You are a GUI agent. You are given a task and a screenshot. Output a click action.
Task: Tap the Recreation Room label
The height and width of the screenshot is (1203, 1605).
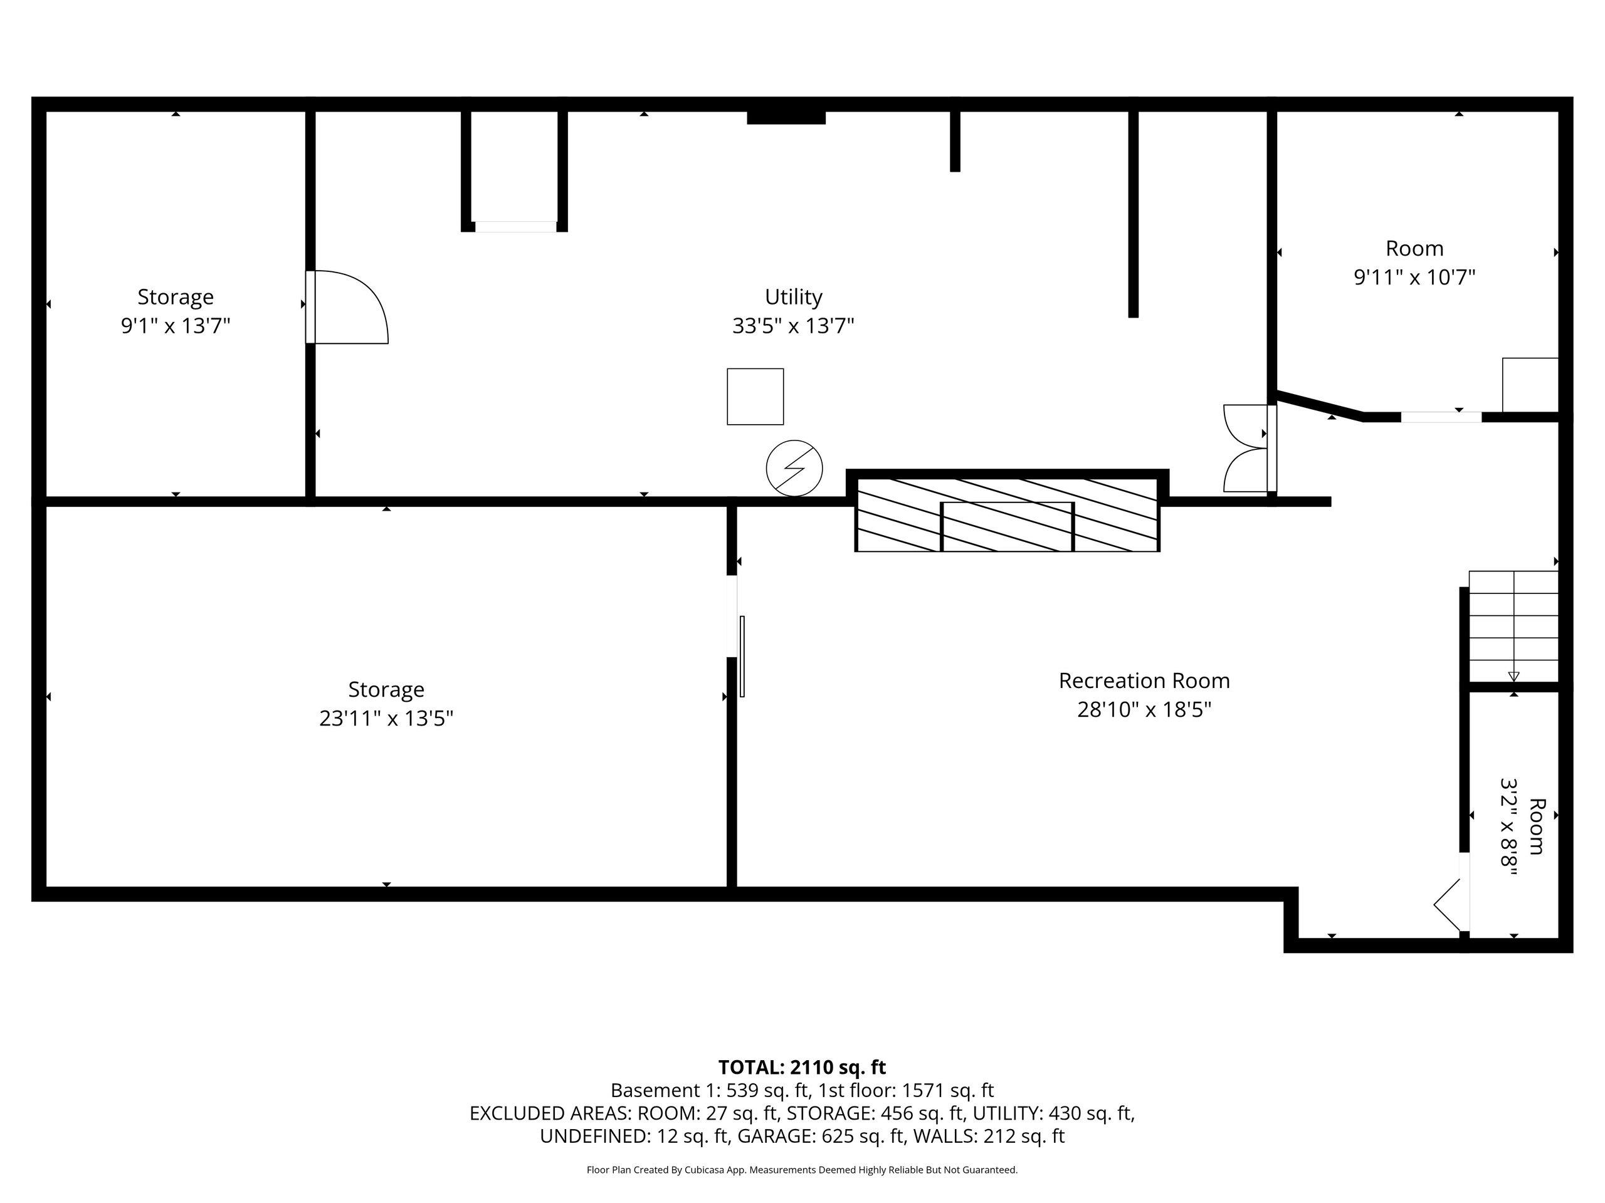tap(1144, 680)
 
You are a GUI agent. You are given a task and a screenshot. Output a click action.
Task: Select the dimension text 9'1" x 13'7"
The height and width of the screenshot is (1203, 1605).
tap(175, 326)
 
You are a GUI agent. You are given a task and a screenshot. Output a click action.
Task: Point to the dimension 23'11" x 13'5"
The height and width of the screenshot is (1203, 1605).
tap(386, 718)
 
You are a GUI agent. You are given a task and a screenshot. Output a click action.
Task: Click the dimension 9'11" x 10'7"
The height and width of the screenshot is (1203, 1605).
tap(1414, 277)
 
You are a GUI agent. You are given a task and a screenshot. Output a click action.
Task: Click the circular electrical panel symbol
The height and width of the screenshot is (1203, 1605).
tap(794, 469)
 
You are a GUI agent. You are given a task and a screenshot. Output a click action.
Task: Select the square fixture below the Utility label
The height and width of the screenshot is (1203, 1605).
tap(755, 397)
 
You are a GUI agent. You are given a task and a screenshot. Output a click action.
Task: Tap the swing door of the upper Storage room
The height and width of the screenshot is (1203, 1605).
tap(347, 307)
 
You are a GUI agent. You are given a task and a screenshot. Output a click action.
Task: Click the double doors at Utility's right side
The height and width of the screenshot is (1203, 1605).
tap(1249, 448)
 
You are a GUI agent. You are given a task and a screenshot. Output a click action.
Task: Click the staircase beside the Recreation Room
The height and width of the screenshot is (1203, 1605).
tap(1513, 627)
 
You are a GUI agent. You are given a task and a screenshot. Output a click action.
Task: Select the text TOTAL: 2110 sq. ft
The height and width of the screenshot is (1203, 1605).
tap(802, 1068)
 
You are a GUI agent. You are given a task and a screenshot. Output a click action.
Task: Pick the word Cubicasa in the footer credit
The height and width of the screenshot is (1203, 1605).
tap(702, 1170)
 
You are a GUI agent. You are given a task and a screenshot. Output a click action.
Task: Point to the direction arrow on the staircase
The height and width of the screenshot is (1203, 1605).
tap(1513, 677)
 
